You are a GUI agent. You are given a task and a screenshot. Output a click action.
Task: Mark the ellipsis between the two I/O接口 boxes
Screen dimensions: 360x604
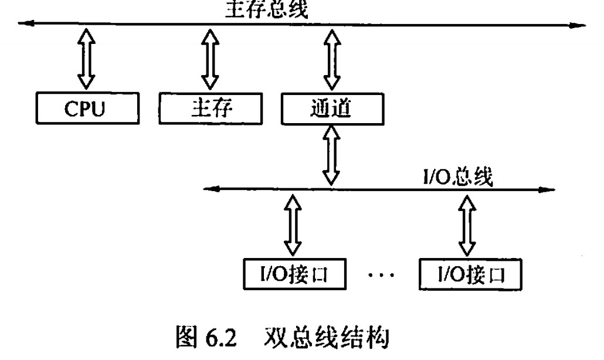384,274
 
